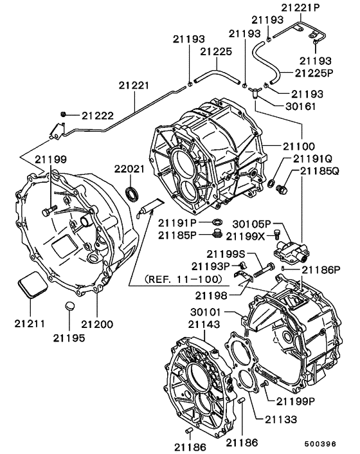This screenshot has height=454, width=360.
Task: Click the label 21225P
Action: (x=314, y=73)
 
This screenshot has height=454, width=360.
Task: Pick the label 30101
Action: (x=205, y=313)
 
